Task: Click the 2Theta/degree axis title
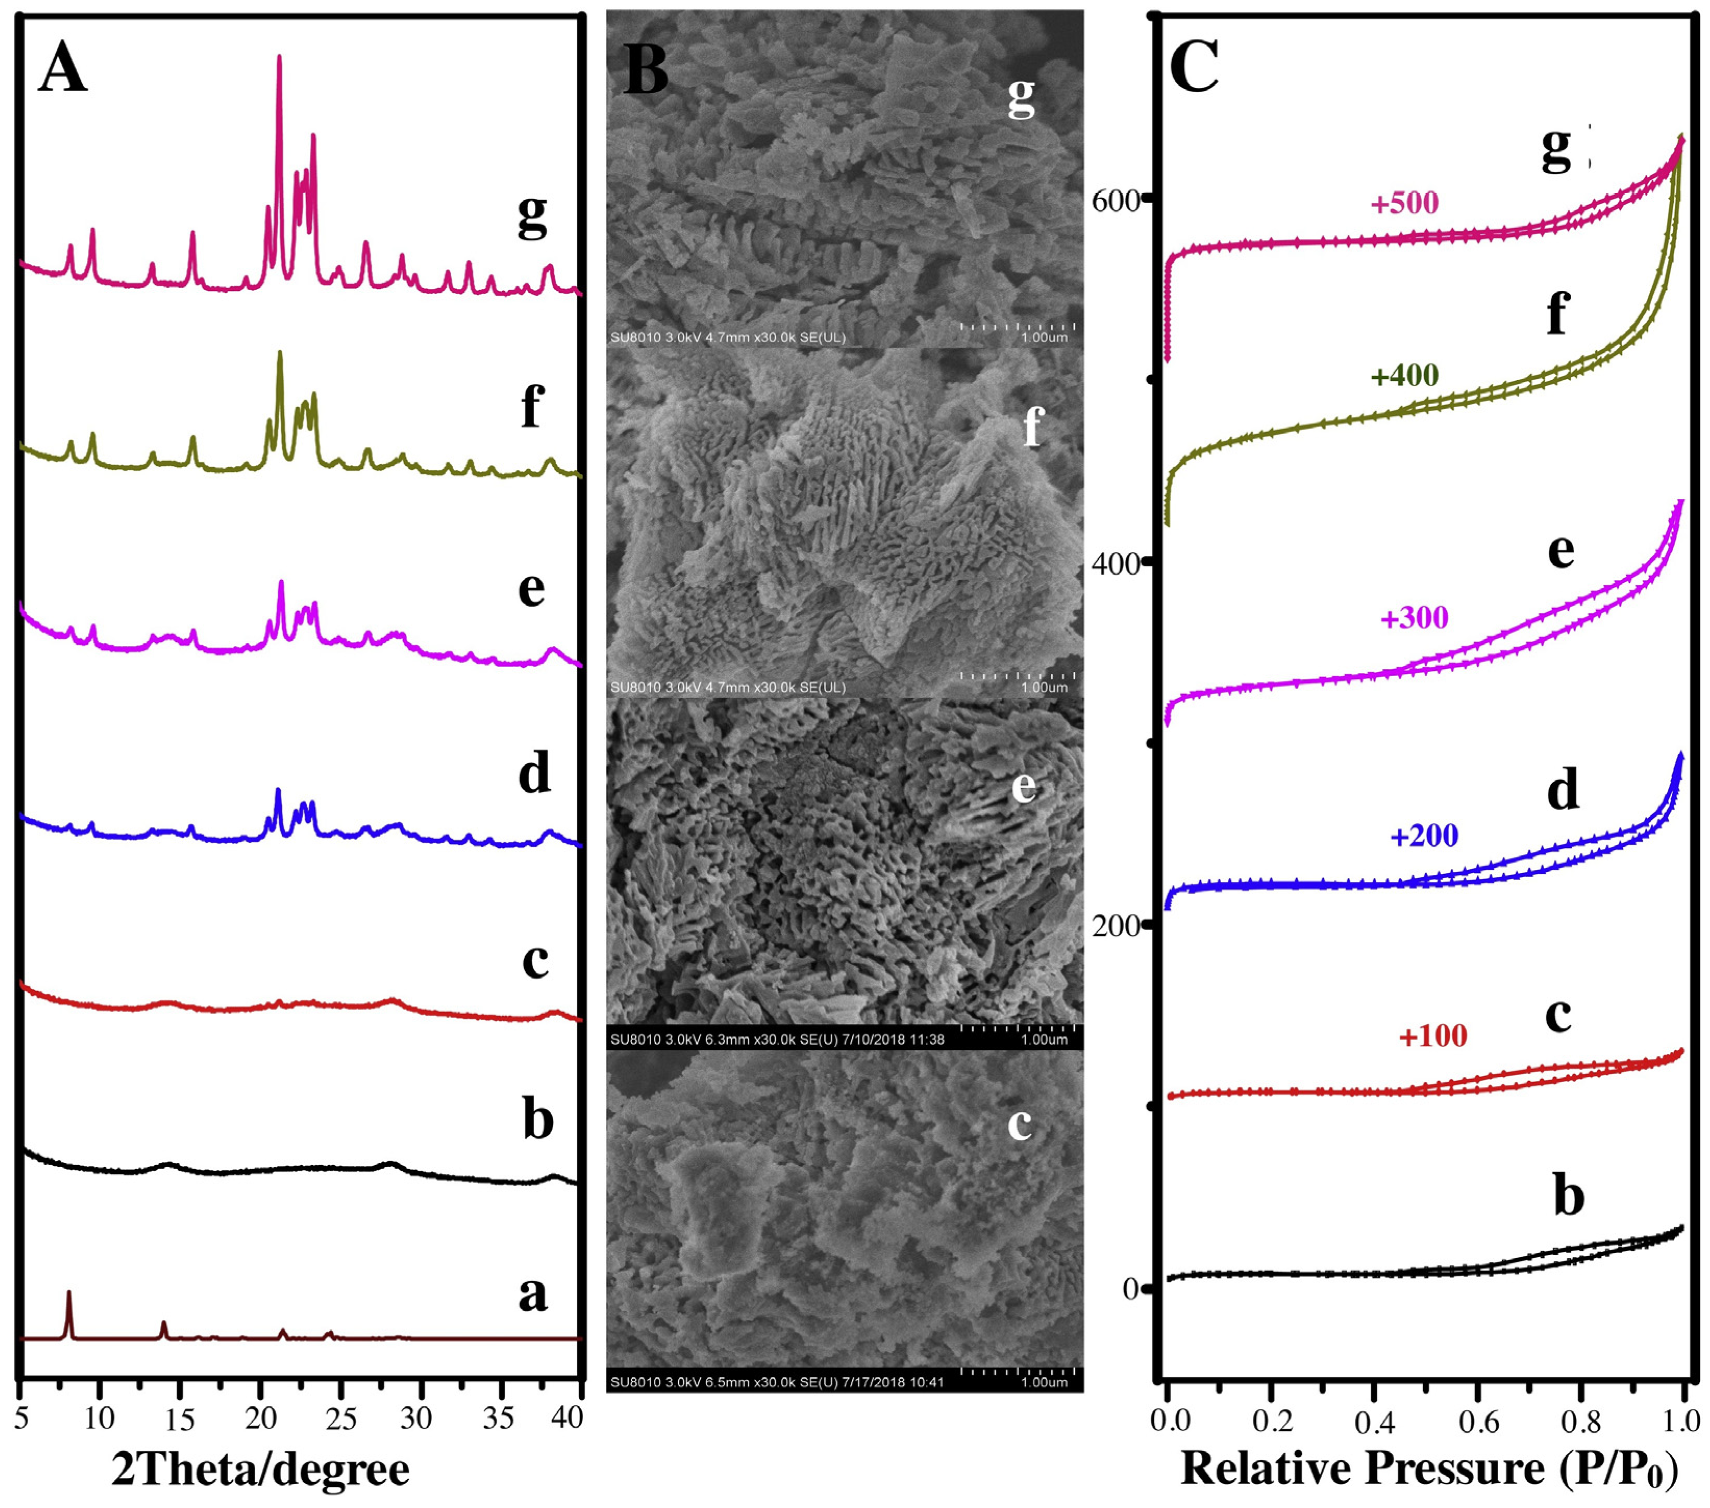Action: [x=260, y=1468]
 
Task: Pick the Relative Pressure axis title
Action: [x=1429, y=1468]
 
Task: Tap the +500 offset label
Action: [x=1404, y=203]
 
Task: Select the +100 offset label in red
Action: [x=1432, y=1036]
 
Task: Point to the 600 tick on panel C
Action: [x=1116, y=201]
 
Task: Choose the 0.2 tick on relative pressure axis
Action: [x=1271, y=1420]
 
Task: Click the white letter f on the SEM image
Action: [x=1033, y=426]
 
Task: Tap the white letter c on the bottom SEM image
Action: [x=1019, y=1124]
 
